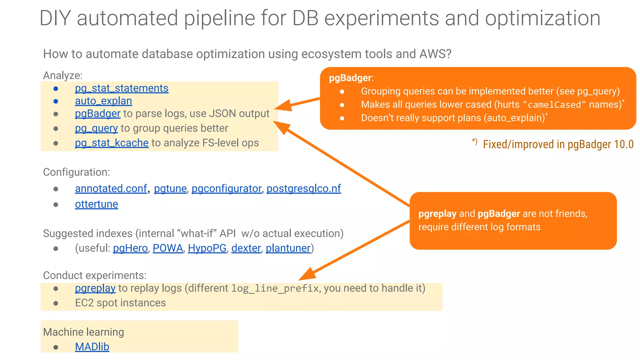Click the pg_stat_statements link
coord(122,88)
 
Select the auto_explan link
coord(103,101)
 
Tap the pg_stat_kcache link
coord(112,143)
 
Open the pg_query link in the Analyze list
coord(96,128)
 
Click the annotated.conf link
coord(111,188)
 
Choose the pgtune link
coord(170,188)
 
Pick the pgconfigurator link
coord(227,188)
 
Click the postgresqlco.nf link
coord(303,188)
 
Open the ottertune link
coord(96,204)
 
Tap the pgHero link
coord(130,248)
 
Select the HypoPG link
coord(207,248)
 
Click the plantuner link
coord(288,248)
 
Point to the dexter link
coord(246,248)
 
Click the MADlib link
coord(92,347)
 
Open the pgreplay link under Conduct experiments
coord(95,288)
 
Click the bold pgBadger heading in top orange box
coord(350,78)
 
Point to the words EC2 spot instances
coord(120,303)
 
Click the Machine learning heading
coord(83,332)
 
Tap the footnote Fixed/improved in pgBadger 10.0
coord(558,144)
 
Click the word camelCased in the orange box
coord(554,105)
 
